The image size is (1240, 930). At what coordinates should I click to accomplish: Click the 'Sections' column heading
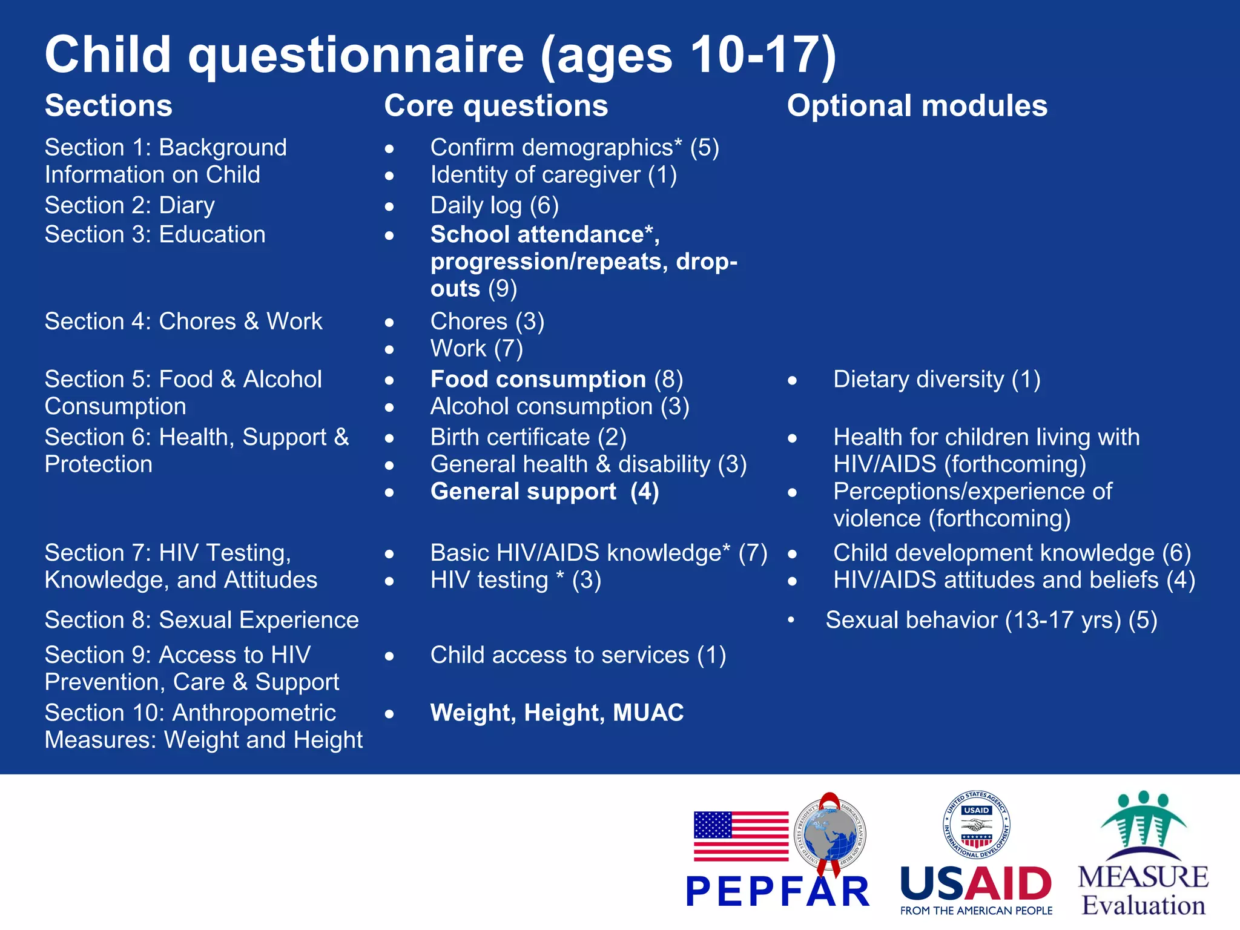point(108,106)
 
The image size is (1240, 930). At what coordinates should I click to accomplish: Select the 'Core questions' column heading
point(496,106)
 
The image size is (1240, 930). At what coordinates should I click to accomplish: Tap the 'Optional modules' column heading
point(917,106)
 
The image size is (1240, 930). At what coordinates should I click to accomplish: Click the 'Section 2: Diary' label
point(130,205)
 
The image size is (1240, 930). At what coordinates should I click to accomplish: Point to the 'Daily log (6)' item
point(494,205)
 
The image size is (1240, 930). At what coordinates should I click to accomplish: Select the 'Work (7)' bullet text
point(477,349)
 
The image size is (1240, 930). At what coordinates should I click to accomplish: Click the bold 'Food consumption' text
point(538,380)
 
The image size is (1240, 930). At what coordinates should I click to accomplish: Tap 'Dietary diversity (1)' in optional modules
point(936,380)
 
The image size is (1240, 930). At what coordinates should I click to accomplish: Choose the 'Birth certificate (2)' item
point(528,437)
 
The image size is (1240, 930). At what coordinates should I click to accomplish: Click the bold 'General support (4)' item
point(544,492)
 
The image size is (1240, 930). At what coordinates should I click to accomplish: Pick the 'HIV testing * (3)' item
point(515,580)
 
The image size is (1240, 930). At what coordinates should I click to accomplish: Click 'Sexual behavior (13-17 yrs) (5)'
point(991,620)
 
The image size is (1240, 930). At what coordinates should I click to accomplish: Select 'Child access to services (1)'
point(578,655)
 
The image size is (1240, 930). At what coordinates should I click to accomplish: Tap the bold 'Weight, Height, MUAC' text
point(557,713)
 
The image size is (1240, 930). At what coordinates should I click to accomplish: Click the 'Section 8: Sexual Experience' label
point(202,620)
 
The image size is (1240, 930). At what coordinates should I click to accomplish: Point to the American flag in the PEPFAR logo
point(740,836)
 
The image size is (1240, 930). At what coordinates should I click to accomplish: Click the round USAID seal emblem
point(976,825)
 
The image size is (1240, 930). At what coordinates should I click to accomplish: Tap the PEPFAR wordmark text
point(777,892)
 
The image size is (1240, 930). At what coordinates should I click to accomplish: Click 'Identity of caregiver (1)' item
point(553,175)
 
